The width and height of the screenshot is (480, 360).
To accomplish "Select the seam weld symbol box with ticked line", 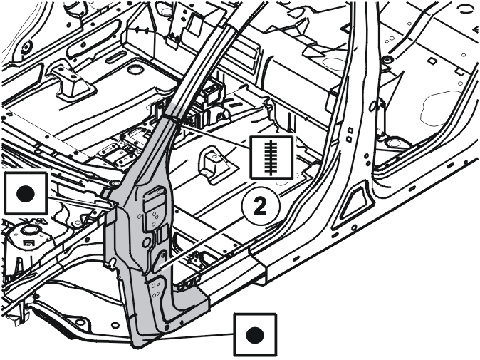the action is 271,157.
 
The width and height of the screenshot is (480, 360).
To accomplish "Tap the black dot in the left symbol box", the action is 26,194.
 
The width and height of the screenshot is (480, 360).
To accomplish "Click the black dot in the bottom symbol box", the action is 255,335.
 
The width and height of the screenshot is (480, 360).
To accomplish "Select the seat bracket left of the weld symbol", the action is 214,165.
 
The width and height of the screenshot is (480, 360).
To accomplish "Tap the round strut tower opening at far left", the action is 28,230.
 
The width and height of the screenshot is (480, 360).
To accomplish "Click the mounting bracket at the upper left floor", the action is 71,81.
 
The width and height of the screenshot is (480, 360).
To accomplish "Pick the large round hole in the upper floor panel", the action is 135,70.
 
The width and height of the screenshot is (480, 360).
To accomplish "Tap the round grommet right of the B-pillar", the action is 392,143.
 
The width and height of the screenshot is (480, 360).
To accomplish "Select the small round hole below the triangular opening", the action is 354,227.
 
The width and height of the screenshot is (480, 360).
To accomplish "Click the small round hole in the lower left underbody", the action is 115,325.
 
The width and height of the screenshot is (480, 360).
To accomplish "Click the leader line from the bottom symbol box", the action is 196,336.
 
